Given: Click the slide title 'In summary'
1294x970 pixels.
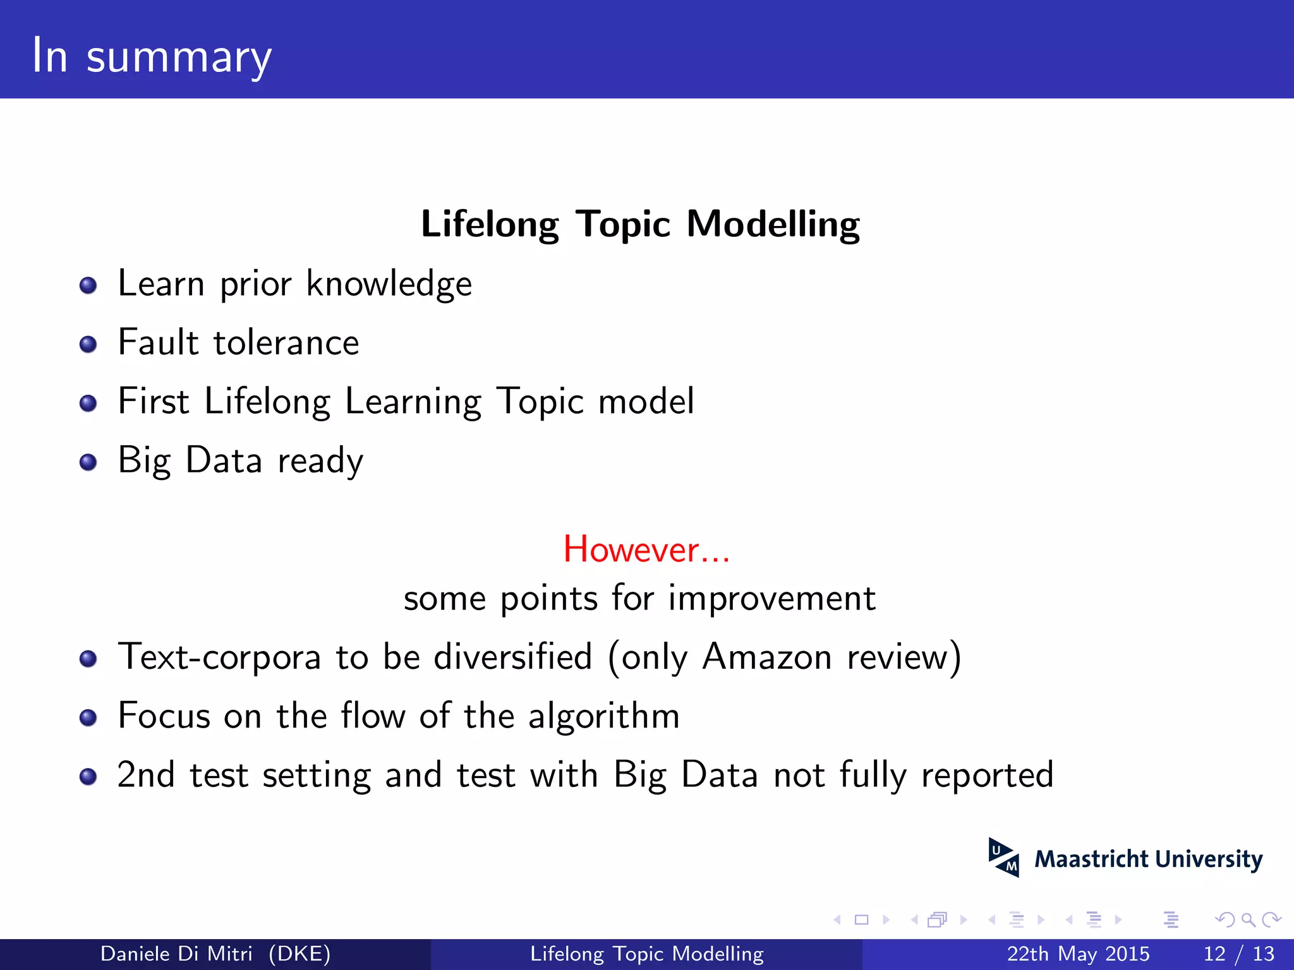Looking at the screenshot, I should pos(152,57).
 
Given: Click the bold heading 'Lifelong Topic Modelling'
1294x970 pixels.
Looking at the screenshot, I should pos(640,224).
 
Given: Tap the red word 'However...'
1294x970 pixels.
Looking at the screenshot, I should pos(646,549).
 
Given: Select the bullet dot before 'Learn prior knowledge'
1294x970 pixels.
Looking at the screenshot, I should pos(88,285).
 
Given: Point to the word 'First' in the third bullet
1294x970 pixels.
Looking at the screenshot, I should pos(154,401).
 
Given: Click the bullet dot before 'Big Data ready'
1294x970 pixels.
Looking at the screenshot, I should pos(88,462).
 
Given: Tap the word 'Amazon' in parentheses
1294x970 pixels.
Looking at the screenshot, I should pos(766,657).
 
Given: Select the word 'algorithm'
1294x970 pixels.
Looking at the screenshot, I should pos(603,717).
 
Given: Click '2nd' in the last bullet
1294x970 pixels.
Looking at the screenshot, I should pos(146,775).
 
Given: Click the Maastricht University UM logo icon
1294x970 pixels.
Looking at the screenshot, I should pos(1003,858).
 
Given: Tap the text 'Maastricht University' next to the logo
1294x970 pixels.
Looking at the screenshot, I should pos(1148,859).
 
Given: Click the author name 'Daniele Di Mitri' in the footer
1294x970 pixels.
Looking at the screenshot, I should pos(176,954).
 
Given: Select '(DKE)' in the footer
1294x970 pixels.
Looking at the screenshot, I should pos(299,954).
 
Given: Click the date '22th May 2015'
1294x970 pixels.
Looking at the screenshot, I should pos(1078,954).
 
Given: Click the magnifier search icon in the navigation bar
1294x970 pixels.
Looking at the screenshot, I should pos(1248,919).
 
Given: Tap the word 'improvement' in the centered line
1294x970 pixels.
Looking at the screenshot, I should pos(771,598).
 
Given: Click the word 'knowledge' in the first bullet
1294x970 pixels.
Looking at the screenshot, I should pos(389,284).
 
